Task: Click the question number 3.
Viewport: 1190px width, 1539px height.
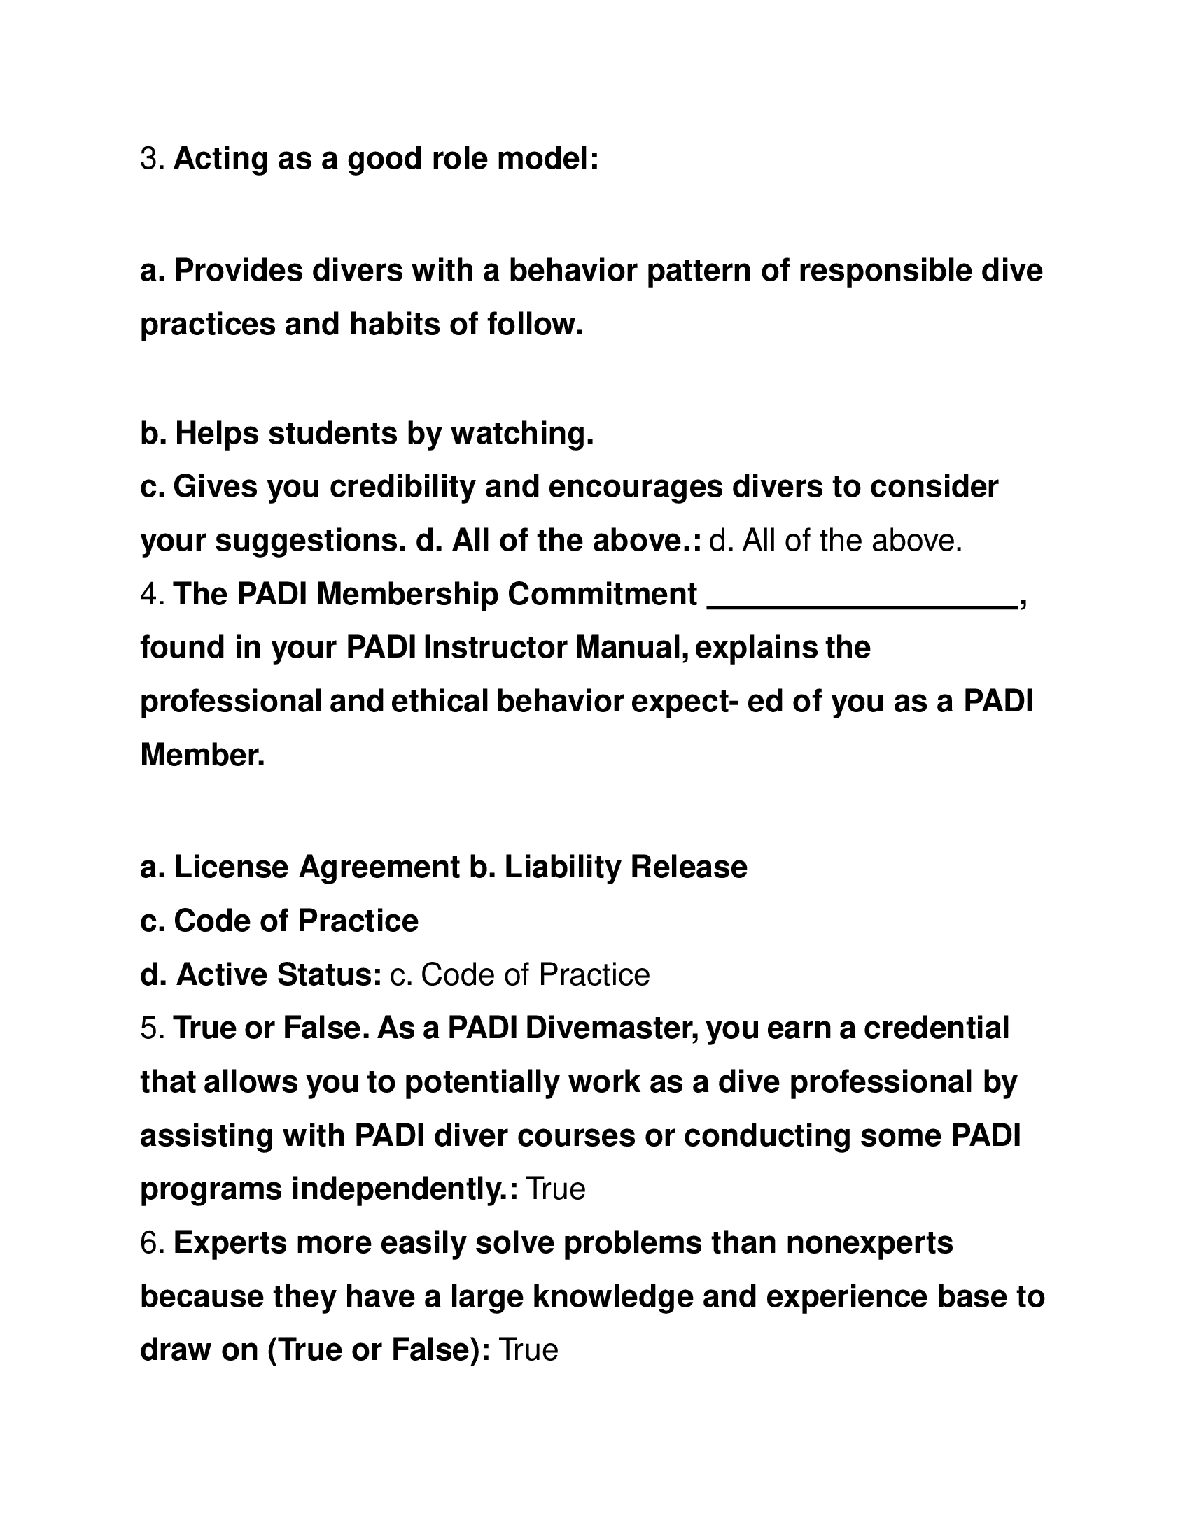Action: coord(151,159)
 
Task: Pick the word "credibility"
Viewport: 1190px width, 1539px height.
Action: coord(402,486)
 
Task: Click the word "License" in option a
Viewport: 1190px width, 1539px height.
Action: coord(231,867)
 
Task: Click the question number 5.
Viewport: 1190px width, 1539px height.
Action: coord(151,1028)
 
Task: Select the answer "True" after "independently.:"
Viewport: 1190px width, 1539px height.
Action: coord(556,1189)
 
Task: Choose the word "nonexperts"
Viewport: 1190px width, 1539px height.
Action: coord(869,1242)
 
